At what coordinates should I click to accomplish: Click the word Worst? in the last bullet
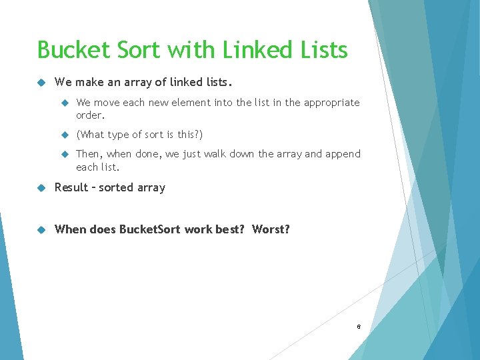(271, 229)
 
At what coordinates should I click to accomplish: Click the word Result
(71, 187)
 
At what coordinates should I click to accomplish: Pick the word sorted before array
(117, 187)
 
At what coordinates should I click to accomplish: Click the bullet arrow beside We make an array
(41, 83)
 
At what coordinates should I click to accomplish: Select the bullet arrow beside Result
(41, 187)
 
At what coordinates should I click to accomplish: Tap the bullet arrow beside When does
(41, 229)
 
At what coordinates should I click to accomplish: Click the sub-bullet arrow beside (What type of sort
(65, 135)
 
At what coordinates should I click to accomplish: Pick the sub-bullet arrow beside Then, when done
(65, 154)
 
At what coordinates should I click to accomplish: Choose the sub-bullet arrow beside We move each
(65, 103)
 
